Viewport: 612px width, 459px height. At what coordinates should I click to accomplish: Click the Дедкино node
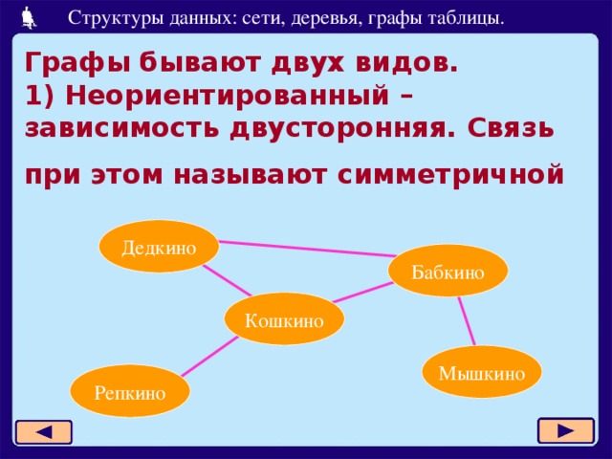[159, 247]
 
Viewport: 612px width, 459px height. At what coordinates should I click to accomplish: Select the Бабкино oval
[448, 272]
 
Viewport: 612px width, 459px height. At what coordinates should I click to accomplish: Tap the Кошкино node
[284, 319]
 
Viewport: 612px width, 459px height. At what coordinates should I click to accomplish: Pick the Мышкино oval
[482, 372]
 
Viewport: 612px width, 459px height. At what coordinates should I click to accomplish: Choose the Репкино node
[130, 391]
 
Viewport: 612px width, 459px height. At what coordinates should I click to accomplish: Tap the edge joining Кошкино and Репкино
[210, 357]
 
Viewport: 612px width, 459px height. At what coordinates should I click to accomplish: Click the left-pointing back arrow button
[43, 432]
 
